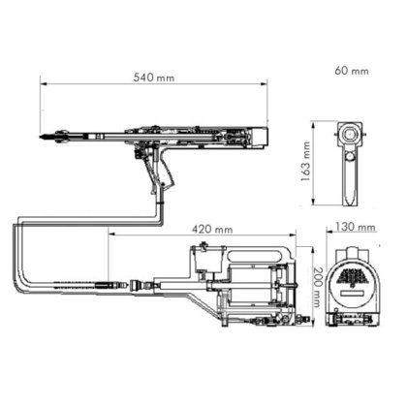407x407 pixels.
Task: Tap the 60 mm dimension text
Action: (351, 70)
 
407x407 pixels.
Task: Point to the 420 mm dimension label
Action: (210, 229)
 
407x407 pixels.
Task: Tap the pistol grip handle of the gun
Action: (167, 174)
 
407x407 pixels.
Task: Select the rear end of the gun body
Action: (263, 136)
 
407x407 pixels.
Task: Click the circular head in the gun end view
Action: (347, 134)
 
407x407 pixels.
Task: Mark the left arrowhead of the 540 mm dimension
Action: (43, 84)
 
